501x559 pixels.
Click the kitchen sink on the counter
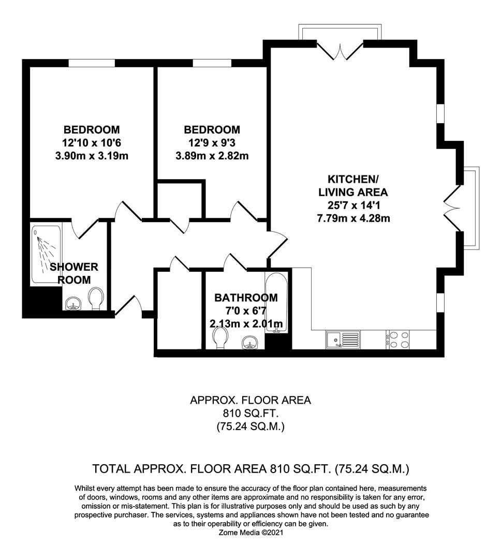point(343,340)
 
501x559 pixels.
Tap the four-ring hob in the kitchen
point(397,340)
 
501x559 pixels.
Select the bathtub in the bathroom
point(275,300)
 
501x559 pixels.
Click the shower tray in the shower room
point(47,254)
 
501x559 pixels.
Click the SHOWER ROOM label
point(73,273)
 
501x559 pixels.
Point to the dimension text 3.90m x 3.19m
point(92,155)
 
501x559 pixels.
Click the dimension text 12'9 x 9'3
point(212,142)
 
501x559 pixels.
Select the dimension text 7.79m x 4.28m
point(353,218)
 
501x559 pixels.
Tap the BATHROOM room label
point(246,298)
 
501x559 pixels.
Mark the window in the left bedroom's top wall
point(92,63)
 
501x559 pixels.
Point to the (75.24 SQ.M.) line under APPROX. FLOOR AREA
point(251,427)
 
